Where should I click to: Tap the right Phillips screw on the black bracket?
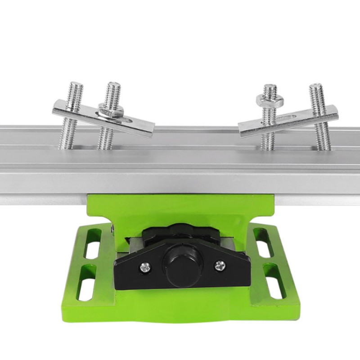[219, 265]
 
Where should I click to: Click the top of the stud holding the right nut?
[270, 86]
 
